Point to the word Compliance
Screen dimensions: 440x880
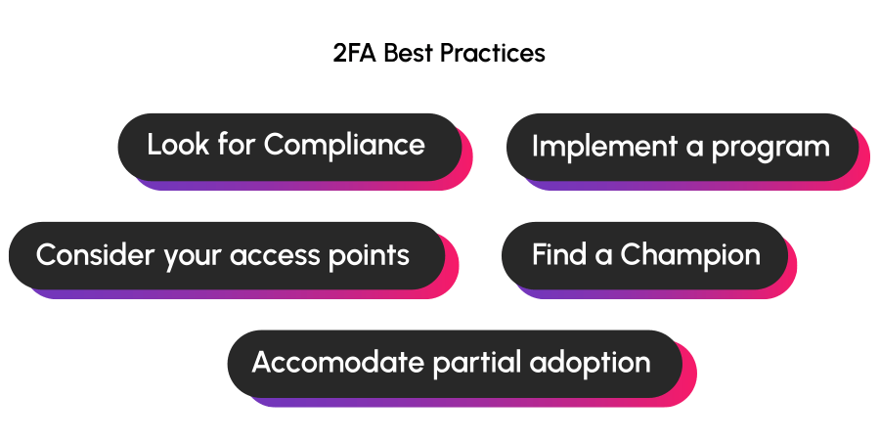click(344, 145)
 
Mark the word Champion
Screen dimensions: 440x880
click(690, 256)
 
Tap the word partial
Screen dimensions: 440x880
click(476, 364)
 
